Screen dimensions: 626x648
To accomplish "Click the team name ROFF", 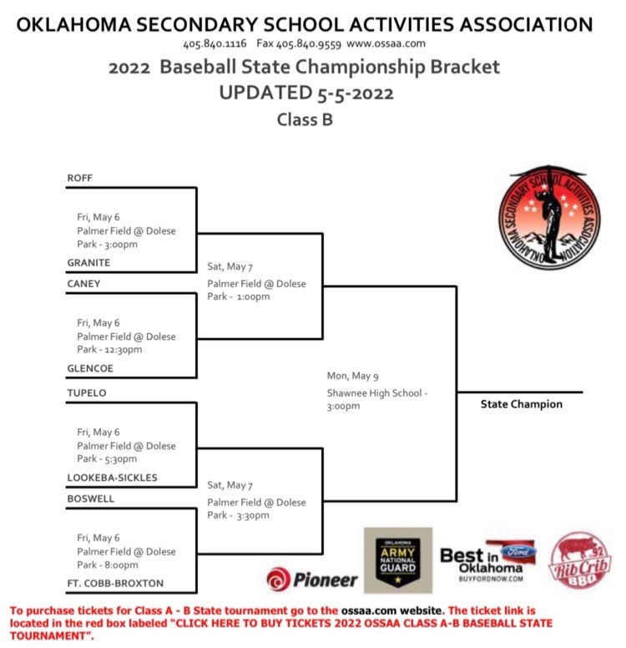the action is pos(80,178).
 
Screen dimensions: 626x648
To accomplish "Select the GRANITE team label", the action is pos(88,263).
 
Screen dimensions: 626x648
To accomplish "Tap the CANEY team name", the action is pos(83,284).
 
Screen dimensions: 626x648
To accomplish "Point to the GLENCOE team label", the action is pos(90,368).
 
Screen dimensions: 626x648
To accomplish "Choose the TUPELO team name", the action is pos(87,393).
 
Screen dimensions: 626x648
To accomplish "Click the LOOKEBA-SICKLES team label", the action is pos(113,478).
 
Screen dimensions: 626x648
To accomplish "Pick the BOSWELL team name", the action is pos(91,499).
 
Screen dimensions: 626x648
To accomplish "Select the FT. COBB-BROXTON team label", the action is pos(115,584).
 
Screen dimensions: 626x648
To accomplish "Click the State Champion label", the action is pos(522,404).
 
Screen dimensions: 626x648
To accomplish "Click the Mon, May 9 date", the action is pos(352,376).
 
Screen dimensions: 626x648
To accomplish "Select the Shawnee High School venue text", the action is pos(375,393).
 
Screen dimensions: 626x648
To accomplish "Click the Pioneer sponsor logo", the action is pos(312,580).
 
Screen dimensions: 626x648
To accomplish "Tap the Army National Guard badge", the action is pos(398,560).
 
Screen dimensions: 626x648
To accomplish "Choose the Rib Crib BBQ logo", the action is pos(580,560).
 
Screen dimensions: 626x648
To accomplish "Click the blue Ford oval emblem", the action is pos(518,551).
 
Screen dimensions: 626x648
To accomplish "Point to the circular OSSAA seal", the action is pos(549,217).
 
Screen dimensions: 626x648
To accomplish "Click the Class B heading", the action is pos(305,120).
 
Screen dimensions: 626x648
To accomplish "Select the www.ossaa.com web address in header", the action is pos(386,43).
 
